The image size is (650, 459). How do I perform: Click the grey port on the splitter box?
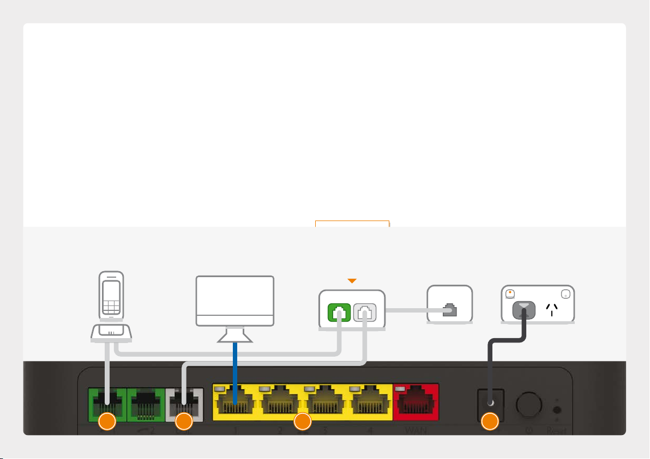pyautogui.click(x=364, y=314)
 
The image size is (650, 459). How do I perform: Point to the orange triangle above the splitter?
pyautogui.click(x=352, y=281)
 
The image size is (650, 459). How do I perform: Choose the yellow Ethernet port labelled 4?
pyautogui.click(x=371, y=402)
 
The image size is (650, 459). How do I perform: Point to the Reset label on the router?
pyautogui.click(x=558, y=430)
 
